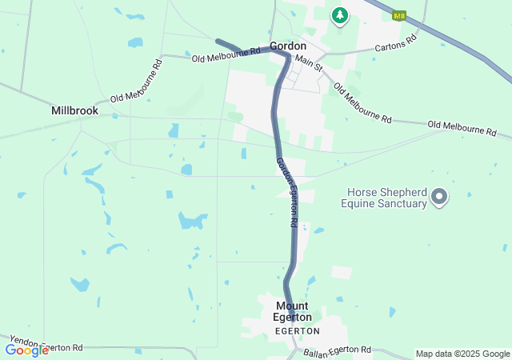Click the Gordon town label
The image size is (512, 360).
click(x=288, y=46)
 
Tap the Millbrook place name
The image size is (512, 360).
click(x=74, y=111)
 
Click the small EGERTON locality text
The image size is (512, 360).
click(x=297, y=330)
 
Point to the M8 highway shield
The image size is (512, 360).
click(x=399, y=15)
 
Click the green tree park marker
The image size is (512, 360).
click(x=340, y=15)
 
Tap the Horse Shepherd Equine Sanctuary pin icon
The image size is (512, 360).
click(x=438, y=196)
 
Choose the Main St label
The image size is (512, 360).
click(x=308, y=63)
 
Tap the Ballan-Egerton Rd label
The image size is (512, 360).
click(x=337, y=350)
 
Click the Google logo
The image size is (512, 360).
click(x=26, y=350)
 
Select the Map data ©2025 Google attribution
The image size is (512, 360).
click(x=462, y=354)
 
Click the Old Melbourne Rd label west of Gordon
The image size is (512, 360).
click(x=226, y=54)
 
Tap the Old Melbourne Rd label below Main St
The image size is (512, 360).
click(x=362, y=103)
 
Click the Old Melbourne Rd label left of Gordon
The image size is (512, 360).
click(x=226, y=54)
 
